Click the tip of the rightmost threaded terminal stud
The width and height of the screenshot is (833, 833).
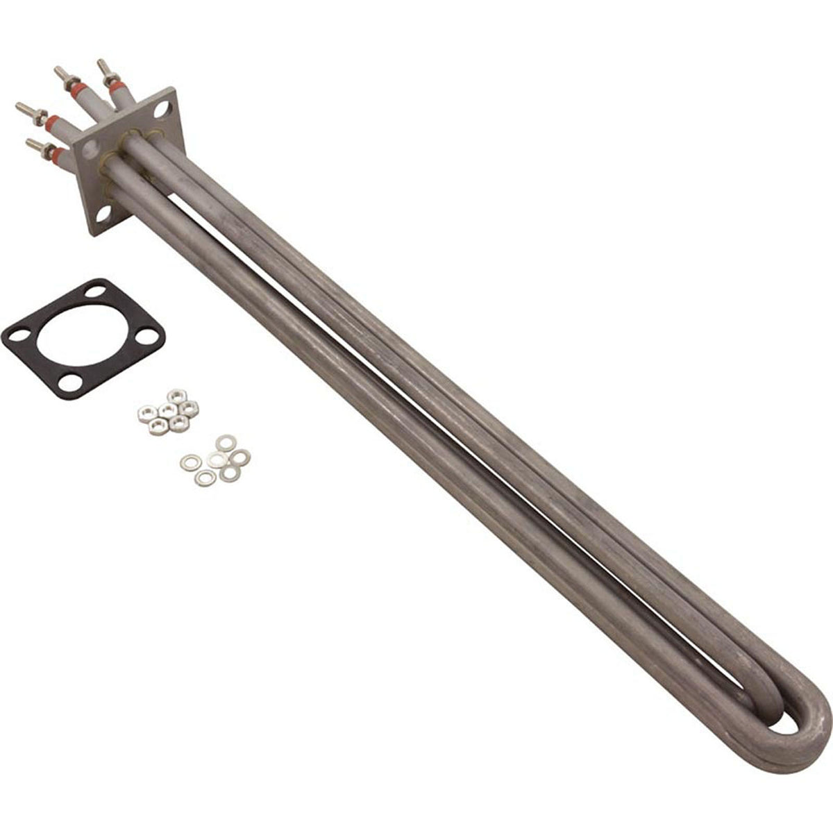pos(101,63)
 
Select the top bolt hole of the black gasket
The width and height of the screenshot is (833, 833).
pos(96,292)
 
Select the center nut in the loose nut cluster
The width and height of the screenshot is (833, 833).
pos(167,411)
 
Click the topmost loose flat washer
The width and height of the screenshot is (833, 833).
pos(224,442)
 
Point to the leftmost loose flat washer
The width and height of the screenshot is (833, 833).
pos(188,461)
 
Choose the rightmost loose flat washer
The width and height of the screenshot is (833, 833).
pos(241,457)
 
